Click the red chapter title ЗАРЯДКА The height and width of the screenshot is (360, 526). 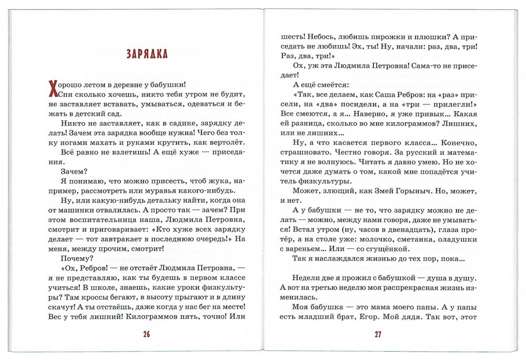click(147, 54)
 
